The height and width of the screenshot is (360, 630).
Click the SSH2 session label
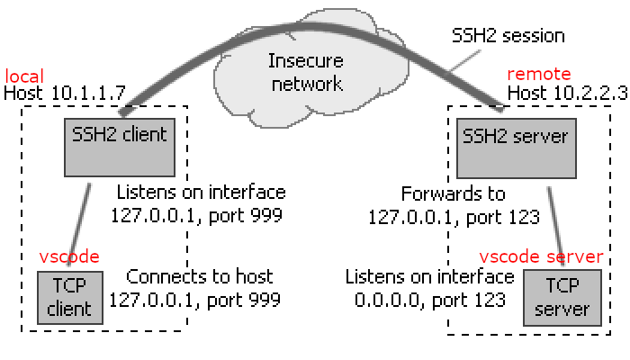pyautogui.click(x=508, y=37)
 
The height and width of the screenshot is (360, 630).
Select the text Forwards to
pyautogui.click(x=454, y=193)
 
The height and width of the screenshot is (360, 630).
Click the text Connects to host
pyautogui.click(x=200, y=276)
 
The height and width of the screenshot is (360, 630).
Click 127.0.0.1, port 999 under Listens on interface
pyautogui.click(x=198, y=216)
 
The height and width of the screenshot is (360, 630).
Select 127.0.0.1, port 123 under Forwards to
pyautogui.click(x=454, y=216)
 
